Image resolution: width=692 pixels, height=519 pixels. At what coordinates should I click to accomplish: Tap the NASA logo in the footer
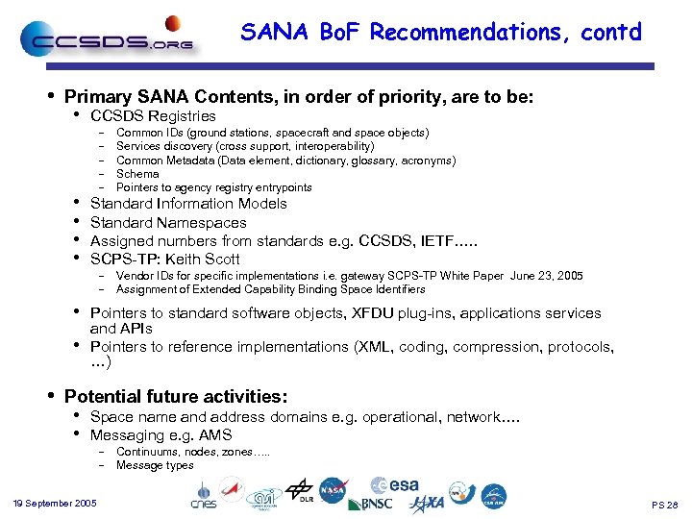tap(334, 489)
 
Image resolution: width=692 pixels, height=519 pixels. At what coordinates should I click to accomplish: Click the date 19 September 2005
tap(55, 503)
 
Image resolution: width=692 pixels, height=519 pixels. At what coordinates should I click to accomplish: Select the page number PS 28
tap(664, 504)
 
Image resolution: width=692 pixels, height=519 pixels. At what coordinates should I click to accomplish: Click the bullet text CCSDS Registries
tap(153, 116)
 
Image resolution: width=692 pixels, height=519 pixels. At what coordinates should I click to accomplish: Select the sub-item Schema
tap(137, 174)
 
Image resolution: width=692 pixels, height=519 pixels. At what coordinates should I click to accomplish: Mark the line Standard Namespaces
tap(168, 223)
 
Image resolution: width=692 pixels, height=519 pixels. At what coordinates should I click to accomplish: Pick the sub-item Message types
tap(155, 465)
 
